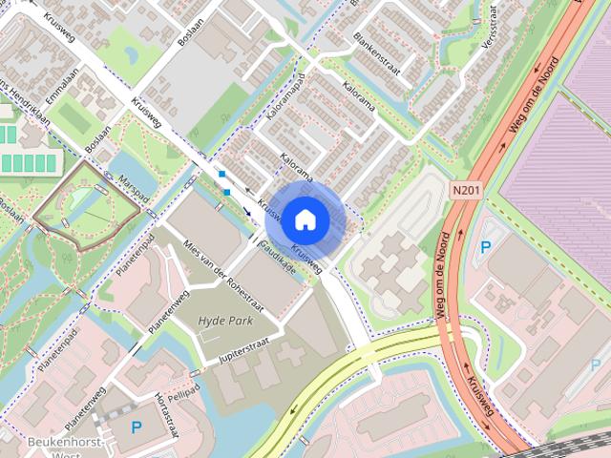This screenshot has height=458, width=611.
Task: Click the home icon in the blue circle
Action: click(304, 220)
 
